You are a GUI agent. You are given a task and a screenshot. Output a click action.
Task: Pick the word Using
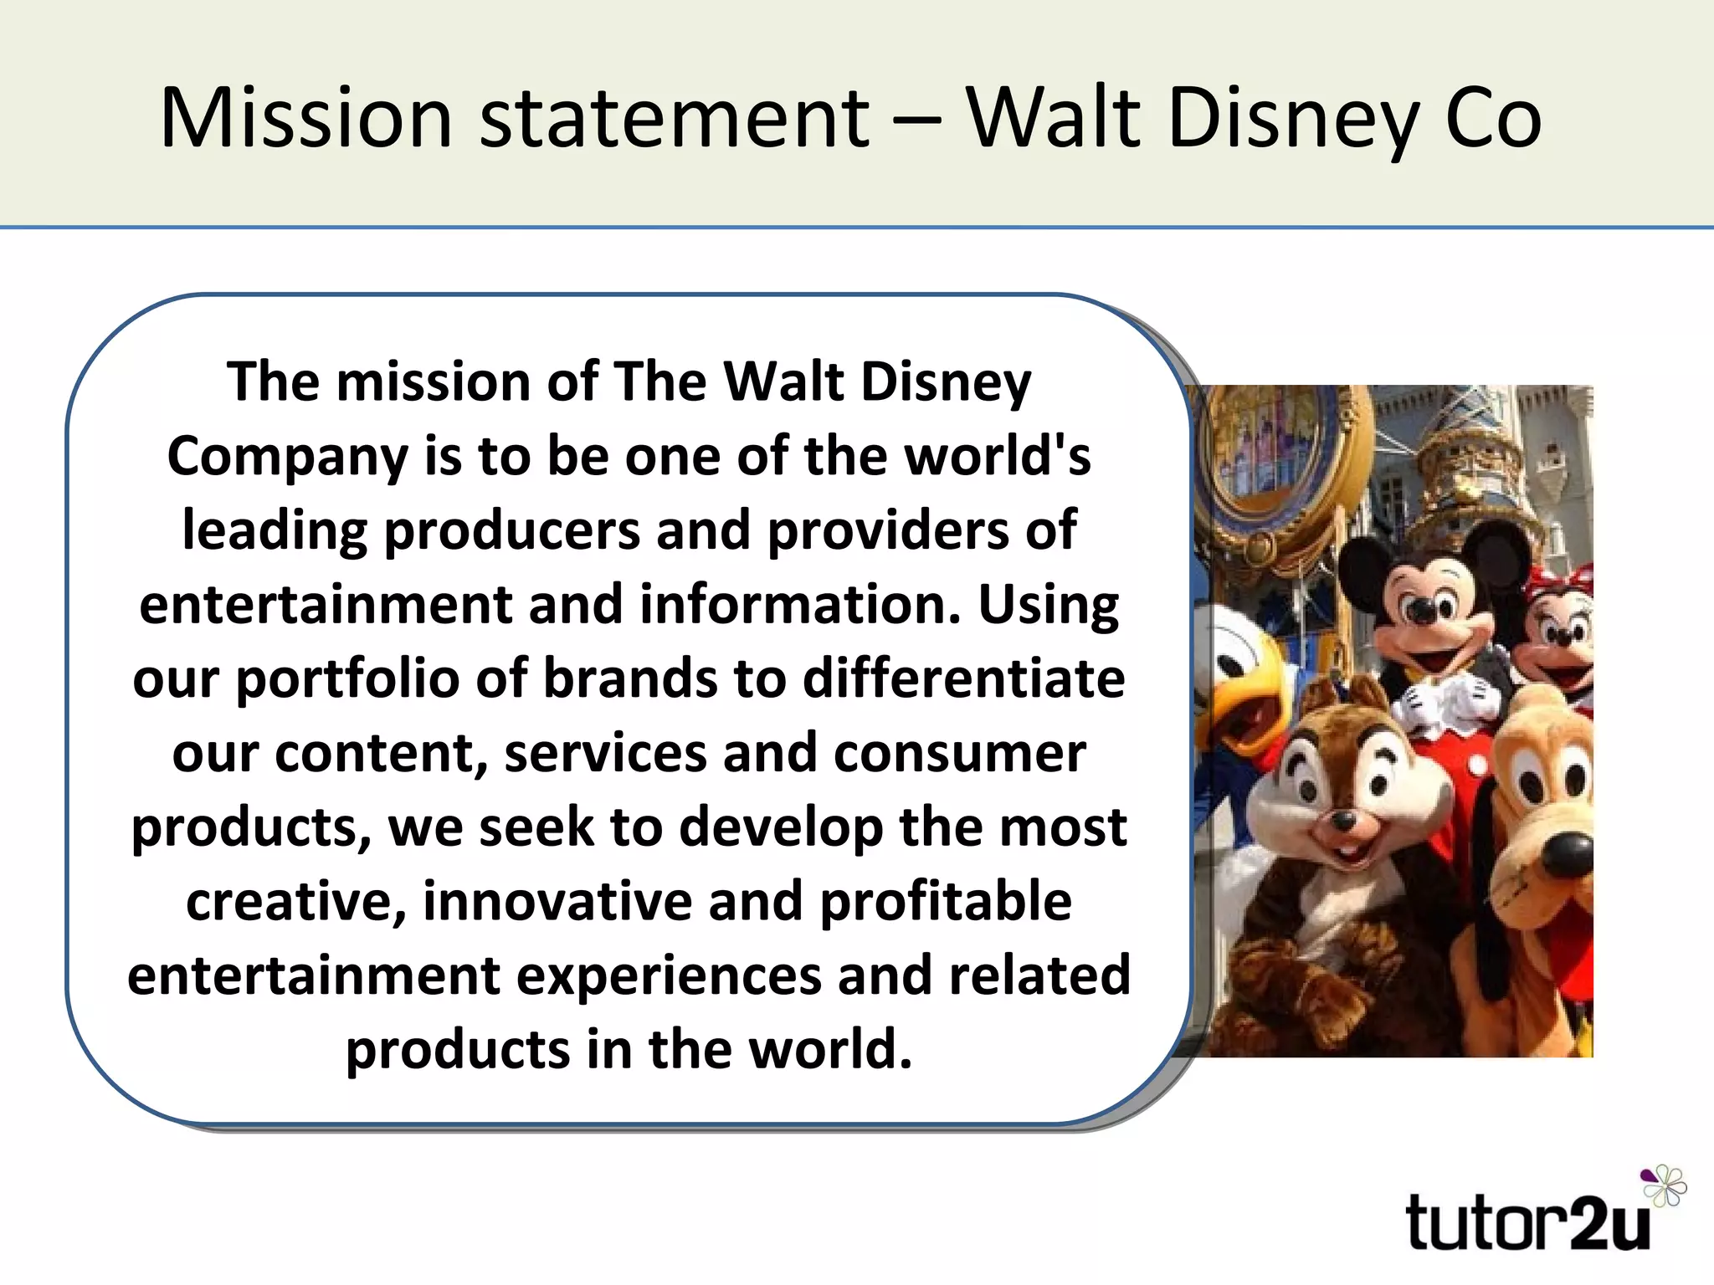pos(1048,607)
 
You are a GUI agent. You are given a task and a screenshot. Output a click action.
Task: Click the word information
pos(800,605)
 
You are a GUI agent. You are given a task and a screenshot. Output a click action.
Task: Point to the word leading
pos(275,532)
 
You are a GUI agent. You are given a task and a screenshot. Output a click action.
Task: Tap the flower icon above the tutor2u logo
pos(1664,1185)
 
